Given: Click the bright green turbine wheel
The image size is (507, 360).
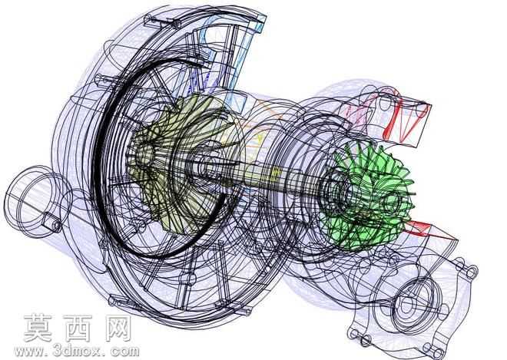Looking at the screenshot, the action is point(369,197).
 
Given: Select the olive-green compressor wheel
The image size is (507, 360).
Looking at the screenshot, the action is point(174,162).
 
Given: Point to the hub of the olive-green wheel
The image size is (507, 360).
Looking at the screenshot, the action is point(144,155).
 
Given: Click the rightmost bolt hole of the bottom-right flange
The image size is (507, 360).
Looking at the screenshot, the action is point(472,272).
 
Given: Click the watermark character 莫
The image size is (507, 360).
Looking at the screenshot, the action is point(39,328).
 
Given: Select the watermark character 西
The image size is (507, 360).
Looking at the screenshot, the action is point(78,328).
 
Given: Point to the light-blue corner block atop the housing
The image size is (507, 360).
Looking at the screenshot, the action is point(260,25).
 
